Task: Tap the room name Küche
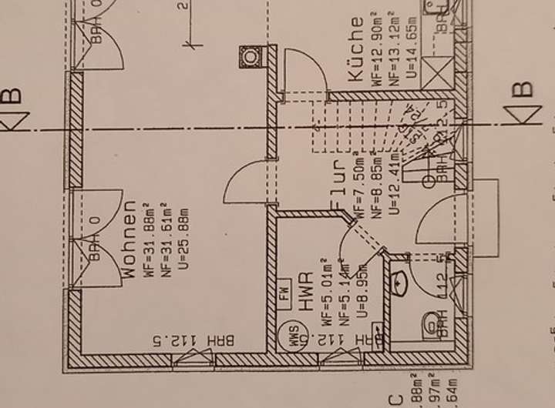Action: [356, 50]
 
